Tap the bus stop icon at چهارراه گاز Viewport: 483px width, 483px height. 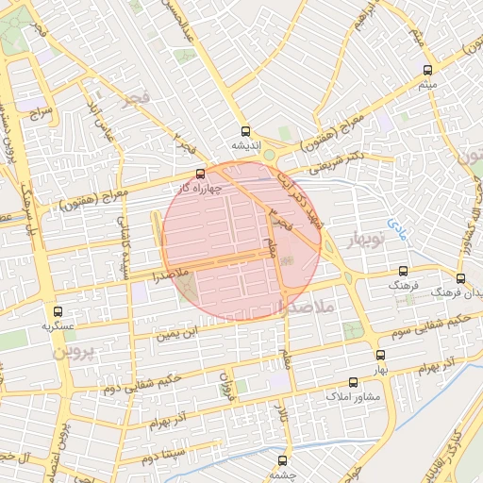tap(199, 174)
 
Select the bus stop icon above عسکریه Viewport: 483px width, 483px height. tap(58, 311)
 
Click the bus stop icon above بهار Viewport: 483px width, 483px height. tap(380, 356)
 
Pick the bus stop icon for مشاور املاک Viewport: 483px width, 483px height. tap(353, 382)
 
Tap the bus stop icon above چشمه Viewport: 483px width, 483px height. tap(282, 460)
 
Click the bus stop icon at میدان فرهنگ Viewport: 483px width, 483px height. tap(460, 278)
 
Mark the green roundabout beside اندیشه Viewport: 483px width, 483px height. tap(270, 154)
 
